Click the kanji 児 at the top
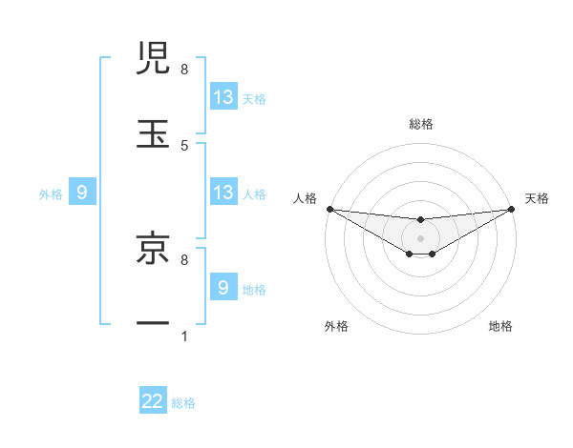[x=153, y=59]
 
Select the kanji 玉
[x=153, y=133]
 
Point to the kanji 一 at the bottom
[x=153, y=324]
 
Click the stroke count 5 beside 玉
[x=184, y=145]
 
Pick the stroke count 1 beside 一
[x=184, y=336]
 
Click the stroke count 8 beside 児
[x=184, y=69]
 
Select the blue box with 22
[x=153, y=401]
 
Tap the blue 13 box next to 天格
[x=223, y=97]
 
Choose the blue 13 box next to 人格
[x=223, y=193]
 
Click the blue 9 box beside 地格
[x=223, y=288]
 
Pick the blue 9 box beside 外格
[x=82, y=193]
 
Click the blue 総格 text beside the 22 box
[x=183, y=403]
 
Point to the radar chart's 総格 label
[x=421, y=124]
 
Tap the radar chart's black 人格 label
[x=305, y=198]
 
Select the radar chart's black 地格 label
[x=500, y=326]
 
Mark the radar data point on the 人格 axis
[x=329, y=209]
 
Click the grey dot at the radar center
[x=421, y=237]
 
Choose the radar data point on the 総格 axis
[x=421, y=220]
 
